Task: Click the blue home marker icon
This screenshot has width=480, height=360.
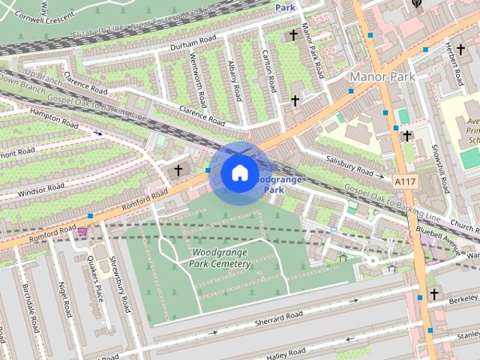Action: coord(238,172)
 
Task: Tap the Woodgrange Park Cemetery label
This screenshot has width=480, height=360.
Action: coord(220,258)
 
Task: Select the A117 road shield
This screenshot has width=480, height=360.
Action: coord(404,181)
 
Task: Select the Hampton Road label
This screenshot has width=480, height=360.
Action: coord(54,119)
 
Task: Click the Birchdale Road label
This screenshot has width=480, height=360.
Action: coord(30,309)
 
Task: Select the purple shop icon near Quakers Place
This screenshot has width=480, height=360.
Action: coord(82,232)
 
